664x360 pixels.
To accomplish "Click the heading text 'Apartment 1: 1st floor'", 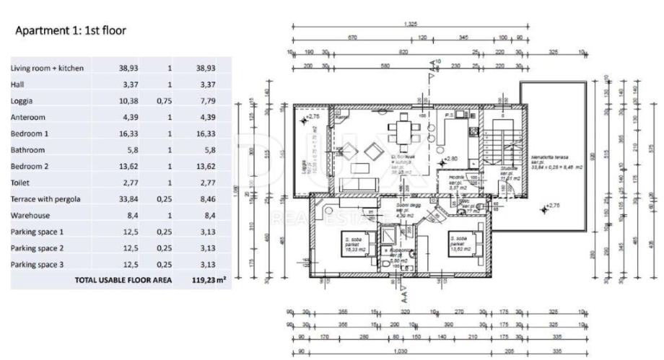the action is point(71,31).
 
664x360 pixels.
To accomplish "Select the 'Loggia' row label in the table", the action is point(22,101).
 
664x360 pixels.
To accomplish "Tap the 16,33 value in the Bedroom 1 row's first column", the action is point(128,133).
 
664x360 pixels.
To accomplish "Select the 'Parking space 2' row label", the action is point(38,247).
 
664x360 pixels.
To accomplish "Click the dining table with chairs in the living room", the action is point(401,132).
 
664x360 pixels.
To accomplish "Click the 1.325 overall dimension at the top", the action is point(411,25).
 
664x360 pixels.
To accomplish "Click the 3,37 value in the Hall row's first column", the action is point(128,84).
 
